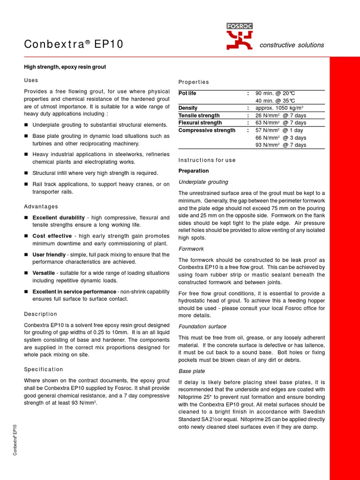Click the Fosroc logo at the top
239,37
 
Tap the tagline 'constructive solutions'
292,45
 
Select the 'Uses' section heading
31,80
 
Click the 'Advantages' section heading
41,207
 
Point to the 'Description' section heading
40,314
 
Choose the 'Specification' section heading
43,369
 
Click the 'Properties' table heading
194,82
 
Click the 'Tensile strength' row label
199,116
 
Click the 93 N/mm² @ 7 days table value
280,145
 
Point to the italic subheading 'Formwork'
191,249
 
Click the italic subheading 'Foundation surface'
202,327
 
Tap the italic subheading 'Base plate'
191,371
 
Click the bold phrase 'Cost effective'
52,236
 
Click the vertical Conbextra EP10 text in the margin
15,439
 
